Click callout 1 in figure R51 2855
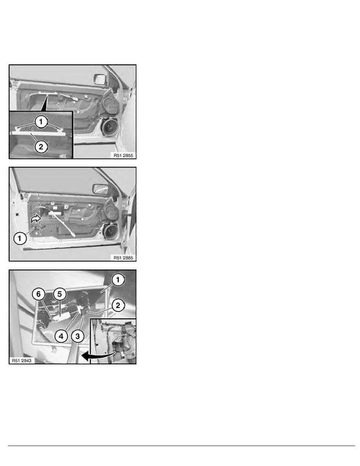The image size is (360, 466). pos(41,121)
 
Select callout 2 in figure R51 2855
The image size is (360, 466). pos(41,146)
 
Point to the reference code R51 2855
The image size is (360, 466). pos(123,155)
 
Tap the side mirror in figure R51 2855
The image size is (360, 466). pos(99,79)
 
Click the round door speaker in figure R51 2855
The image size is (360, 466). pos(109,127)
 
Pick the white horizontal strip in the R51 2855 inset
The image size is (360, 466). pos(38,134)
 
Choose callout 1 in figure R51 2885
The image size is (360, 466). pos(20,238)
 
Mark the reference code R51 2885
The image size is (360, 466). pos(123,258)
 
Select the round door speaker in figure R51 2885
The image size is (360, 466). pos(110,231)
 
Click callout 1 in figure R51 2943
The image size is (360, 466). pos(118,280)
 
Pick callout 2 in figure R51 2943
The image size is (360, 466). pos(118,305)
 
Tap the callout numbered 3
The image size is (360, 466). pos(78,336)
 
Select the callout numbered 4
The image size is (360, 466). pos(61,336)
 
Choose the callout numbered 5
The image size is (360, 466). pos(60,294)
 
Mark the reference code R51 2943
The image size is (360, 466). pos(22,360)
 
